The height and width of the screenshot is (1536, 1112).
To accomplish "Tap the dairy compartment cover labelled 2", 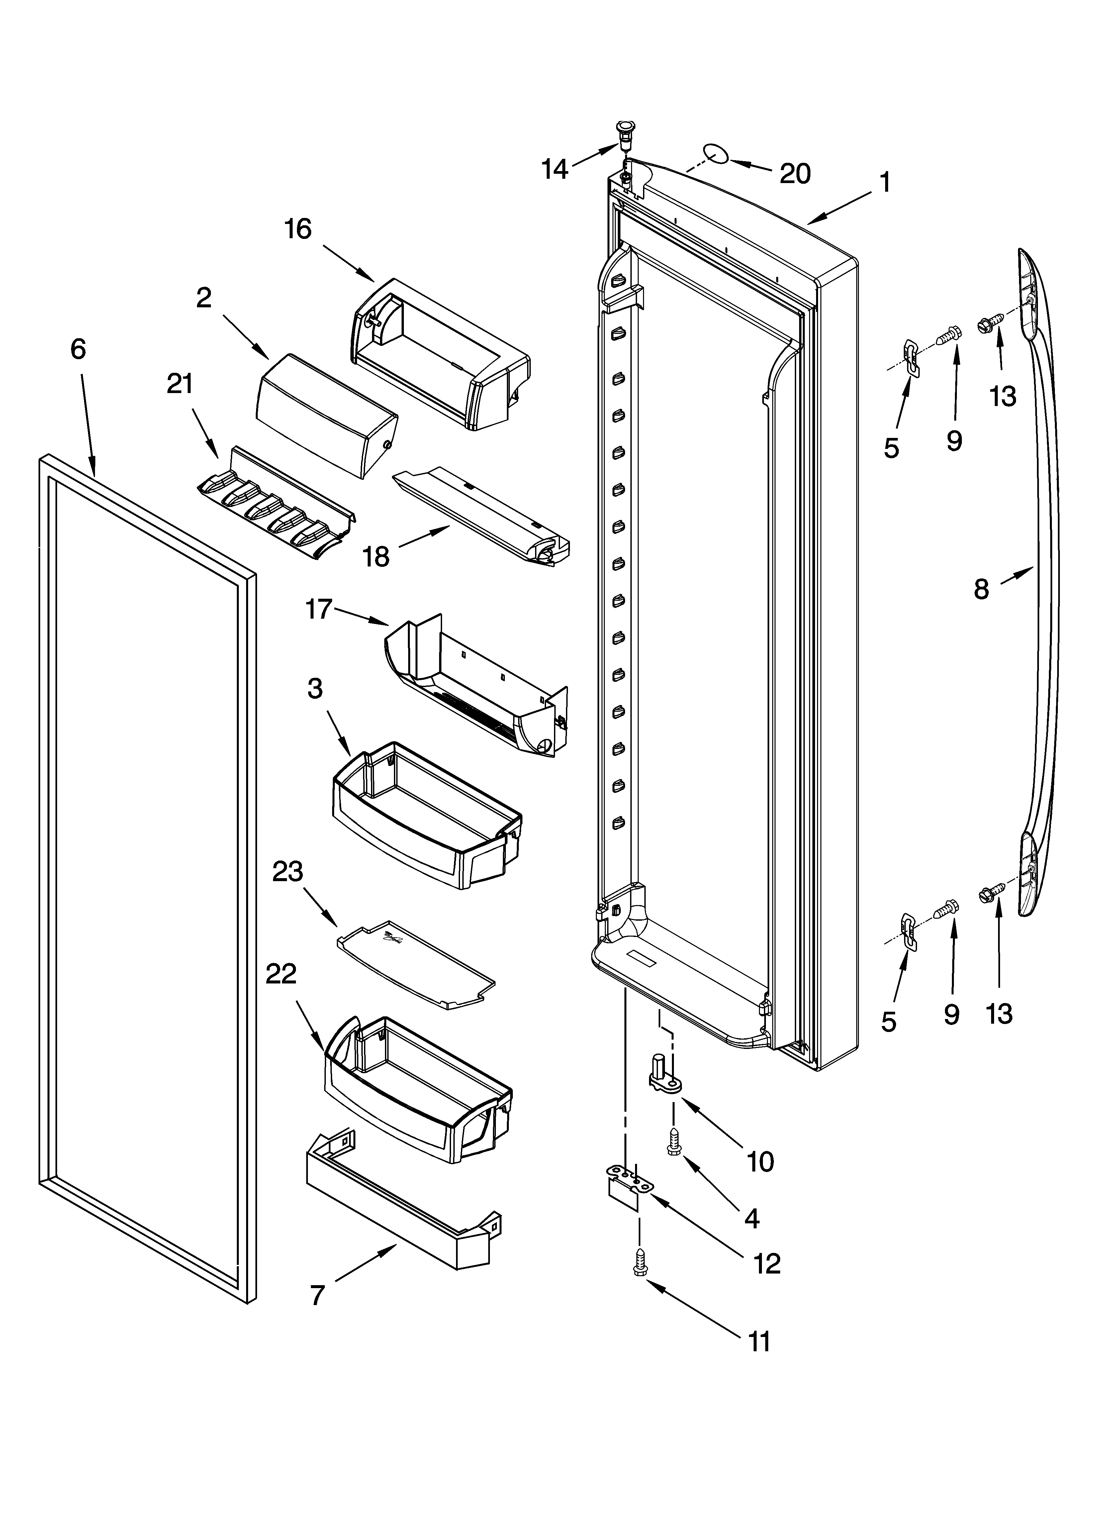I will click(325, 413).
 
